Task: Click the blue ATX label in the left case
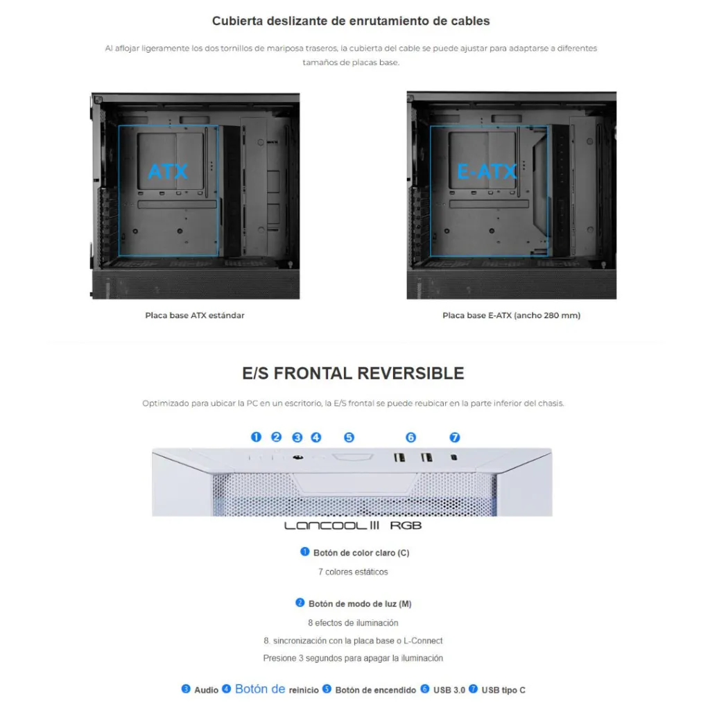(x=168, y=172)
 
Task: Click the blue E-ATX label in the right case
(x=487, y=172)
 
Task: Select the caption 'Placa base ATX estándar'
(x=195, y=315)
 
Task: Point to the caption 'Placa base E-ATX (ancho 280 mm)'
(x=511, y=315)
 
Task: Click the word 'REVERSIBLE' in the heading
(x=410, y=373)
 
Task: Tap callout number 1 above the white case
(x=257, y=437)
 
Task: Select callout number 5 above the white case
(x=349, y=437)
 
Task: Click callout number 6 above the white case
(x=410, y=437)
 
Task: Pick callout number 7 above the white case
(x=455, y=437)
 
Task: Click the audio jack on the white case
(x=297, y=458)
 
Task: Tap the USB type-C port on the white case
(x=453, y=458)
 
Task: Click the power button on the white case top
(x=353, y=457)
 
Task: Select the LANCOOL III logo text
(x=331, y=526)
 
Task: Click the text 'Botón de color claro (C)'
(x=361, y=553)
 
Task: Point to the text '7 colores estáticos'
(x=353, y=572)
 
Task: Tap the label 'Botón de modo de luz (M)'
(x=360, y=604)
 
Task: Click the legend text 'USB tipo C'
(x=503, y=690)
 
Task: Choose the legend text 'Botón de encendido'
(x=375, y=690)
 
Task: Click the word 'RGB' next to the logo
(x=406, y=526)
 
